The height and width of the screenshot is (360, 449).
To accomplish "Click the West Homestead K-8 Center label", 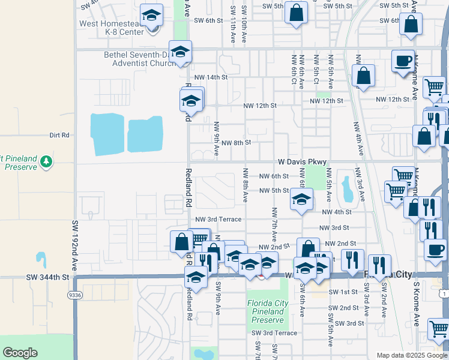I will click(111, 28).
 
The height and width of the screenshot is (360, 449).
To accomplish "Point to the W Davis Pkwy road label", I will click(302, 162).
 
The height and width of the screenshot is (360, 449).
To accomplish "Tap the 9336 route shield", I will click(75, 295).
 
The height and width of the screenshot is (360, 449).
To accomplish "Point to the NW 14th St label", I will click(213, 77).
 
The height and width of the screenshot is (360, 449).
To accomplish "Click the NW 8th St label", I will click(235, 143).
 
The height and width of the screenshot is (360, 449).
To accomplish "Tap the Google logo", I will click(20, 353).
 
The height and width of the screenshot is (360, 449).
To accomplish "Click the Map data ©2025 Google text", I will click(411, 355).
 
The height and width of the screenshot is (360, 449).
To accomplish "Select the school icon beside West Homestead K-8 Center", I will click(151, 15).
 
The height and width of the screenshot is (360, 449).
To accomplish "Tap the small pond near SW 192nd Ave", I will click(41, 260).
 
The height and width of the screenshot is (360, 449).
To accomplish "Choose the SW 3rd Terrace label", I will click(274, 333).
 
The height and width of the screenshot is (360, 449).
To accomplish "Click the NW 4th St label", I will click(336, 212).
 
